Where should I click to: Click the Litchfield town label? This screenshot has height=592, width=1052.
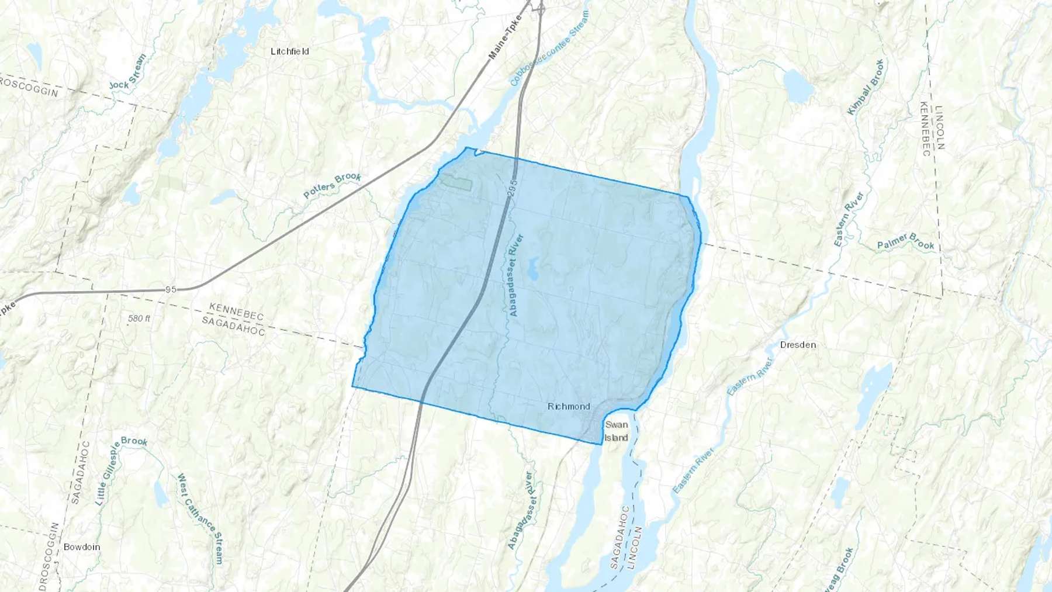pyautogui.click(x=290, y=51)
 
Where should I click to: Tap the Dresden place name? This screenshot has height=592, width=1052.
pyautogui.click(x=798, y=345)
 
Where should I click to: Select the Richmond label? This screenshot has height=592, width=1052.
pyautogui.click(x=569, y=406)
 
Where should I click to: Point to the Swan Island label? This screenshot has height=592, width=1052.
pyautogui.click(x=616, y=431)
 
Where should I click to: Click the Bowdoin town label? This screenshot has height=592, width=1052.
pyautogui.click(x=82, y=547)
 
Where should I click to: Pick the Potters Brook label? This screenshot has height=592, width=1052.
pyautogui.click(x=333, y=185)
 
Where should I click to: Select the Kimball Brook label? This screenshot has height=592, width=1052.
pyautogui.click(x=866, y=87)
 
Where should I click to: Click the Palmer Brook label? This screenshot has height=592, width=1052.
pyautogui.click(x=905, y=241)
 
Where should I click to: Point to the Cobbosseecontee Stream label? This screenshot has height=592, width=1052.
pyautogui.click(x=549, y=48)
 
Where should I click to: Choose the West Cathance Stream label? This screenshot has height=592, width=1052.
pyautogui.click(x=200, y=518)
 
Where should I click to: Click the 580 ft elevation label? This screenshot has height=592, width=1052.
pyautogui.click(x=139, y=318)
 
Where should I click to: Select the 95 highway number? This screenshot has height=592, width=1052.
pyautogui.click(x=171, y=289)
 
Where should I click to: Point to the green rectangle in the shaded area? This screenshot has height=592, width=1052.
pyautogui.click(x=456, y=183)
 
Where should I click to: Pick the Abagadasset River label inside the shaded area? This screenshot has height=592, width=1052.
pyautogui.click(x=516, y=275)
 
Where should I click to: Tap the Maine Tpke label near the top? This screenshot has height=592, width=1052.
pyautogui.click(x=504, y=37)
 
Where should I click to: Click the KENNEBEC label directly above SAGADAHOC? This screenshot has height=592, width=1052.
pyautogui.click(x=237, y=311)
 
